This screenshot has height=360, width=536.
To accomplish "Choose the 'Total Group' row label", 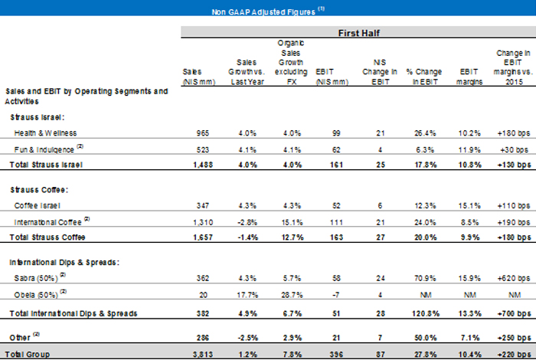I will [26, 352].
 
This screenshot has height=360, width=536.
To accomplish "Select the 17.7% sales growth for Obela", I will [242, 292].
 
